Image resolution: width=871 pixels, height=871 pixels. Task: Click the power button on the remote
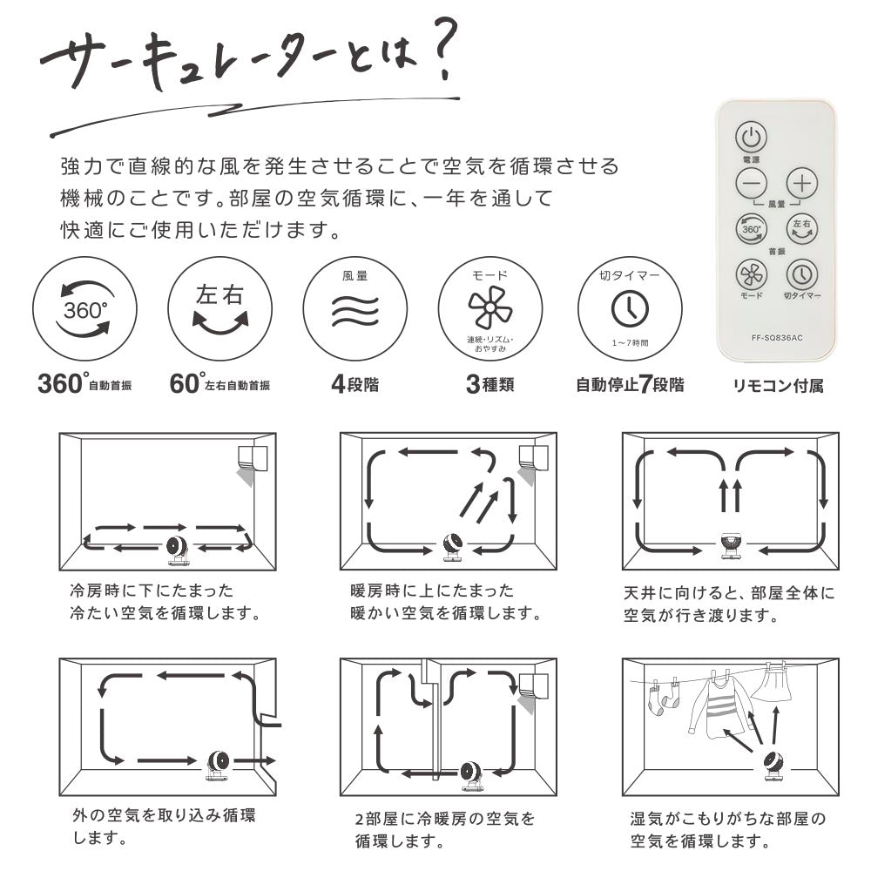(751, 137)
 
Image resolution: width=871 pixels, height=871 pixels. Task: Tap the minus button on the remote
(751, 183)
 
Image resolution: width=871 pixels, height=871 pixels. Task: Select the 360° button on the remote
(751, 229)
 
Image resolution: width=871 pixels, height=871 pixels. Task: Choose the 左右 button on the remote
(802, 229)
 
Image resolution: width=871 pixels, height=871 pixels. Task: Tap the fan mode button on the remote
(751, 273)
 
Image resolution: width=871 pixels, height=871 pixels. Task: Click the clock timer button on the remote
(802, 273)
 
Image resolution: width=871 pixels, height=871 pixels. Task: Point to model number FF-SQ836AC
(777, 338)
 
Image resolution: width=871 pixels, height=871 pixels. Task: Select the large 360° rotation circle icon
(84, 309)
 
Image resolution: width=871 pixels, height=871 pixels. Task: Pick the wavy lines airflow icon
(355, 311)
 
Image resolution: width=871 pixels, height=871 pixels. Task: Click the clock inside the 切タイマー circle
(630, 309)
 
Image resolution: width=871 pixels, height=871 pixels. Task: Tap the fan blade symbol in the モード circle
(490, 307)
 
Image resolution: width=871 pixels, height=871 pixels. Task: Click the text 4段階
(355, 384)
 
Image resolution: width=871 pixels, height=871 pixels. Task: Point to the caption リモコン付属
(778, 386)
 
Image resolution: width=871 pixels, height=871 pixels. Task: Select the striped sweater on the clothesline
(720, 706)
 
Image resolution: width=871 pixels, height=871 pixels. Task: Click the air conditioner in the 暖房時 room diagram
(533, 459)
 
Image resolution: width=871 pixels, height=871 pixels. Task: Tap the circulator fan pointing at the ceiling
(732, 545)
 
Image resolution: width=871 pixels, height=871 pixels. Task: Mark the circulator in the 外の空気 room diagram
(218, 766)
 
